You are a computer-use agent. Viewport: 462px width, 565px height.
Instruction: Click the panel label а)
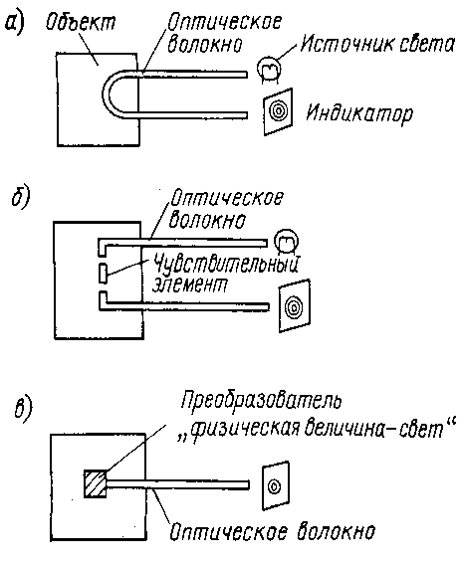click(x=14, y=24)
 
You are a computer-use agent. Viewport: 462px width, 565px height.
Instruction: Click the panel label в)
click(x=23, y=406)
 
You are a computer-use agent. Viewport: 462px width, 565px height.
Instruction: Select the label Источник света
click(x=377, y=44)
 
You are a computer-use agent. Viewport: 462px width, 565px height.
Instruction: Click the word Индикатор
click(x=359, y=114)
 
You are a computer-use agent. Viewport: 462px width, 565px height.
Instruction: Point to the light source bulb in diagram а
click(x=269, y=70)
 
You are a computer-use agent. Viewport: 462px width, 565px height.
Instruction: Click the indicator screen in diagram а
click(x=278, y=111)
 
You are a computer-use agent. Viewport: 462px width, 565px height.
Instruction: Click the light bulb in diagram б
click(x=287, y=242)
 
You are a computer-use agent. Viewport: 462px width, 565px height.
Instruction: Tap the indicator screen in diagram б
click(x=295, y=306)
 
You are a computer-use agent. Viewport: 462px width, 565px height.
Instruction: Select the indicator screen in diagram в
click(x=275, y=485)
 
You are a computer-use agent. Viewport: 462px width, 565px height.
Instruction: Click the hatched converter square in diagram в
click(x=96, y=483)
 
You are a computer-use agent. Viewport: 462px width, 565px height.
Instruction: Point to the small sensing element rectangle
click(x=103, y=273)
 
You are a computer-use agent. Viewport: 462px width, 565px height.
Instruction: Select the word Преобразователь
click(x=261, y=401)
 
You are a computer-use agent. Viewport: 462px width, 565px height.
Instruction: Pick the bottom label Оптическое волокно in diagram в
click(x=272, y=531)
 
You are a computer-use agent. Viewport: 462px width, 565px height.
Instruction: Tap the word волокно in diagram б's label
click(x=207, y=219)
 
